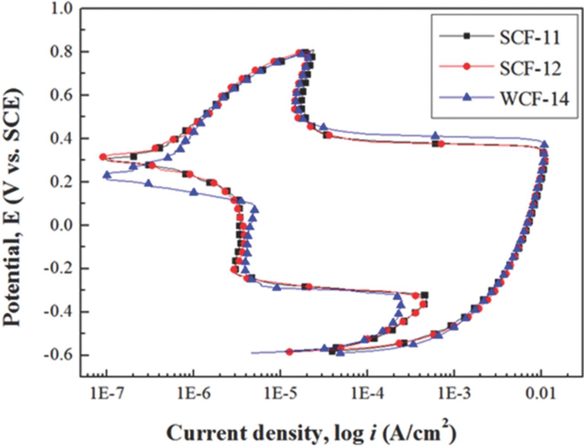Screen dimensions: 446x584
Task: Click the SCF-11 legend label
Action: coord(529,37)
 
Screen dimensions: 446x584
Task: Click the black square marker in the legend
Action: coord(466,36)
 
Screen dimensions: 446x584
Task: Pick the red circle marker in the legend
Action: coord(466,67)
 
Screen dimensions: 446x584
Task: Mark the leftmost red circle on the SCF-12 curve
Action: coord(103,157)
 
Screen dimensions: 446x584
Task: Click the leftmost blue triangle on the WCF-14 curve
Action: coord(107,175)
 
